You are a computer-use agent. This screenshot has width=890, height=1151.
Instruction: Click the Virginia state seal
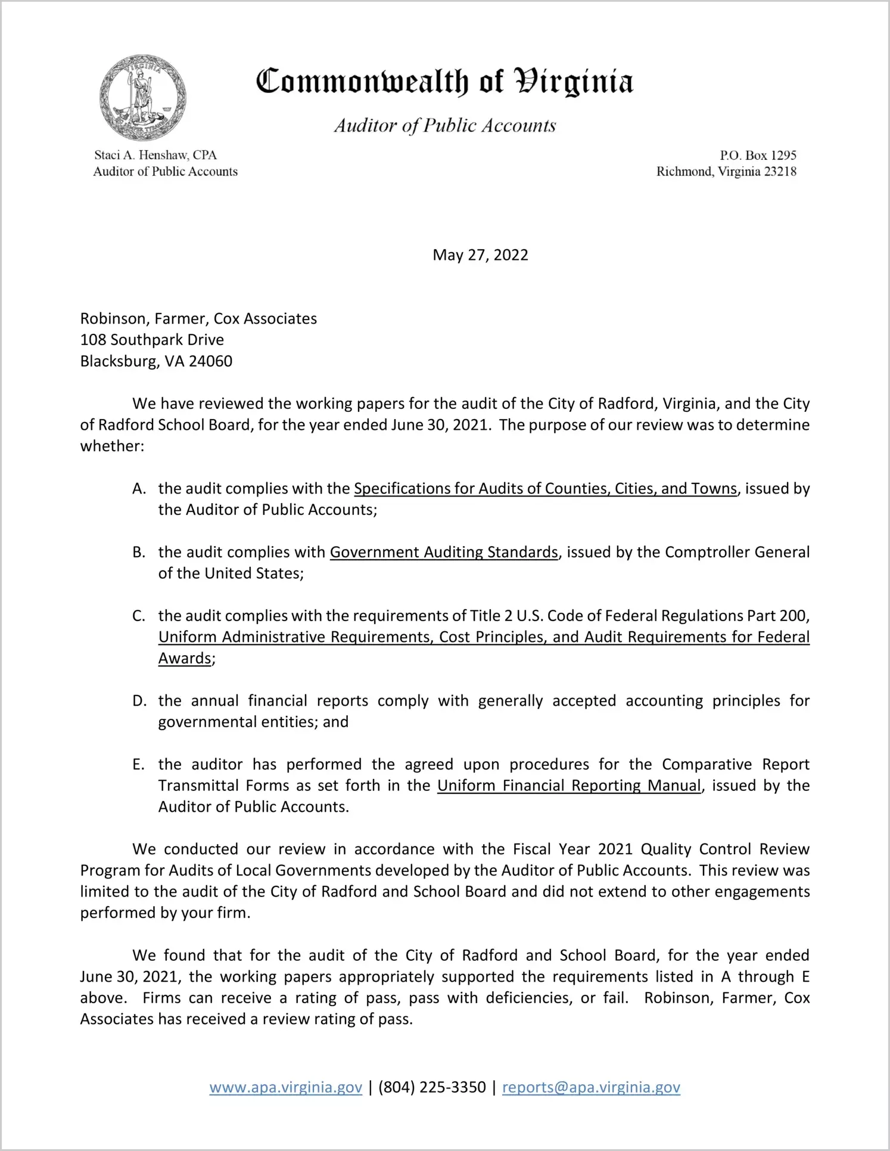(x=143, y=97)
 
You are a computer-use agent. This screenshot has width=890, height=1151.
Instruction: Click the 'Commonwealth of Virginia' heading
(x=444, y=82)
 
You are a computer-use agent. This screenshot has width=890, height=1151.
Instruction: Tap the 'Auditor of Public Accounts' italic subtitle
(x=444, y=125)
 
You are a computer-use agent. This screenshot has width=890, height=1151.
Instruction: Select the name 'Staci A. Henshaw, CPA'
(x=155, y=156)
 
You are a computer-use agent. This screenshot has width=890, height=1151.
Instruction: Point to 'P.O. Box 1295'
(x=758, y=156)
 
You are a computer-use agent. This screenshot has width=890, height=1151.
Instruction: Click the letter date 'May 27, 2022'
(x=480, y=255)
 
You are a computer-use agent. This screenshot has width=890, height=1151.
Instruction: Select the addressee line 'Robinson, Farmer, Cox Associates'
(x=198, y=318)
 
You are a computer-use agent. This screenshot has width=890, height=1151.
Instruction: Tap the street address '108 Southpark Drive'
(x=152, y=340)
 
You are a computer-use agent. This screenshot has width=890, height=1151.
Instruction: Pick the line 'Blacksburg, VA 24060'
(x=156, y=361)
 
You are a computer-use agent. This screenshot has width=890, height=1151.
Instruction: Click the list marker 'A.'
(x=139, y=489)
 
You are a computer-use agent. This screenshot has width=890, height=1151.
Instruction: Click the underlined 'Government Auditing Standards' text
(x=444, y=553)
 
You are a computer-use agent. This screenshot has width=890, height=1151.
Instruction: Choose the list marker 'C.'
(x=139, y=616)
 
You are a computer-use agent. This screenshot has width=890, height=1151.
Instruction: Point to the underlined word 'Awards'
(x=185, y=659)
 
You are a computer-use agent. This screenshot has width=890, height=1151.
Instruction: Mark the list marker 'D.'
(x=139, y=701)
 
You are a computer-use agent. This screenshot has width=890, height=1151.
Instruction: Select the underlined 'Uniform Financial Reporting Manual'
(x=569, y=786)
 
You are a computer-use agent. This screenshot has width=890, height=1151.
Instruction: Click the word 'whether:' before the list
(x=112, y=446)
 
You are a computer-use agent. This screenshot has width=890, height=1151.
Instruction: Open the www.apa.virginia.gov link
(x=285, y=1088)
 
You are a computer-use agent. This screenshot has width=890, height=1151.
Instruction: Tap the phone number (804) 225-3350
(x=432, y=1088)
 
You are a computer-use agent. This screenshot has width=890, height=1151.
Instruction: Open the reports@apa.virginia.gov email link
(x=591, y=1088)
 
